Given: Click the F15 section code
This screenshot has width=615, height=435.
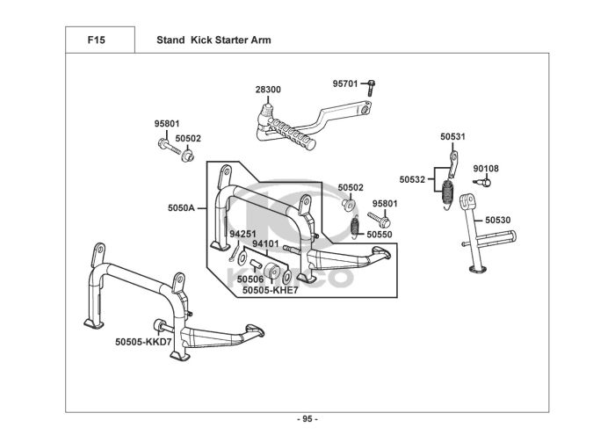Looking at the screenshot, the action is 96,40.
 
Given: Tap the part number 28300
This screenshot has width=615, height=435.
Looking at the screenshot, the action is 268,90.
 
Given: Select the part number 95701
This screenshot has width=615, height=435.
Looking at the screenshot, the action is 345,83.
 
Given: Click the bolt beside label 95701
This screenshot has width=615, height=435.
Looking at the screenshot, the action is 371,88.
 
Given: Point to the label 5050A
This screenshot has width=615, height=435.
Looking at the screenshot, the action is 181,208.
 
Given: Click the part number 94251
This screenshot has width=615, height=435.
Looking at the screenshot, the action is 242,234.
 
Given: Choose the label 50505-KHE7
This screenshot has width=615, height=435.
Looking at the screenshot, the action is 271,290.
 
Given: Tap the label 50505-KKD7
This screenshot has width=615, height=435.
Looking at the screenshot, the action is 143,342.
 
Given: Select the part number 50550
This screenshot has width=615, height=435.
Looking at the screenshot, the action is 380,235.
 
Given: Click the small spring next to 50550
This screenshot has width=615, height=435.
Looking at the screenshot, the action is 355,227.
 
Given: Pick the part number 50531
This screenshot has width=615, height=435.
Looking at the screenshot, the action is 452,136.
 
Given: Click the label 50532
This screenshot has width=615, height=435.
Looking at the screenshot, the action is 412,179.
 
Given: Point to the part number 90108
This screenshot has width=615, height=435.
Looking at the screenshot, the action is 486,169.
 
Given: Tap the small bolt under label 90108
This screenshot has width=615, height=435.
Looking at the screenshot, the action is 482,182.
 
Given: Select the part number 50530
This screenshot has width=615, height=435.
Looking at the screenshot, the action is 498,220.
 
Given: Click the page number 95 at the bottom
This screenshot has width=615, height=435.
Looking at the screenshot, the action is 307,419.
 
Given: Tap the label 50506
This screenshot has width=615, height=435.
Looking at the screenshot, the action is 250,279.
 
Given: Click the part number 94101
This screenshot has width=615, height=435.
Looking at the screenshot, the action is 265,244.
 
